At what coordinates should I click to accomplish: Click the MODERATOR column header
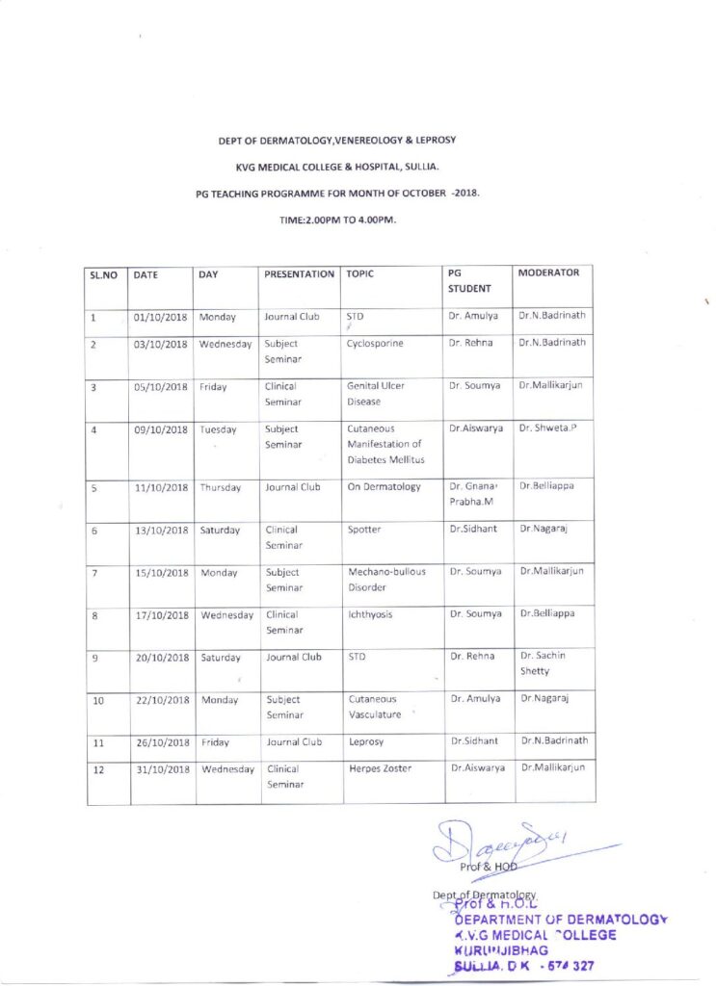(548, 273)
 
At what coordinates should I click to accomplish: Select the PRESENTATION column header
(299, 274)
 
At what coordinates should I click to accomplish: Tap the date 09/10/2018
(160, 429)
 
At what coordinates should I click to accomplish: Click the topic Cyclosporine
(374, 343)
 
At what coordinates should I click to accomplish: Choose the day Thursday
(220, 487)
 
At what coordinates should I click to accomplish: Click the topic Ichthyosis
(369, 614)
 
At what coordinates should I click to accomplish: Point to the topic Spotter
(364, 530)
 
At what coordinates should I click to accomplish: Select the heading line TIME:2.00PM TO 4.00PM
(337, 220)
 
